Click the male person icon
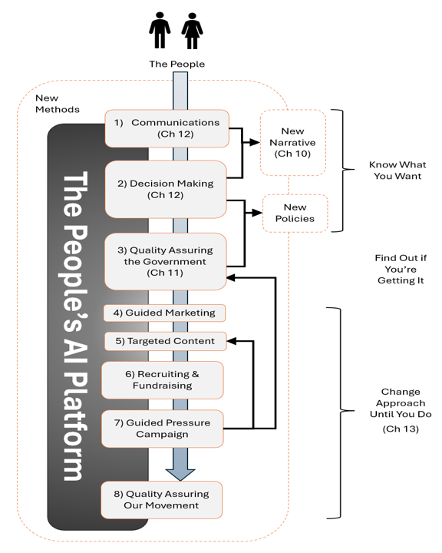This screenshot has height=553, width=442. pyautogui.click(x=160, y=30)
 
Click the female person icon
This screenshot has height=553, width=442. pyautogui.click(x=192, y=31)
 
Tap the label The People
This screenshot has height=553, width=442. pyautogui.click(x=177, y=64)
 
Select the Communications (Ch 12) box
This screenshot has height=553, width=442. pyautogui.click(x=167, y=128)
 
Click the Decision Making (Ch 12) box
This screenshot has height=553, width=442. pyautogui.click(x=166, y=190)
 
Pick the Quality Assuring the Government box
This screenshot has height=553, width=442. pyautogui.click(x=165, y=261)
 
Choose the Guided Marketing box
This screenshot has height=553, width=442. pyautogui.click(x=164, y=313)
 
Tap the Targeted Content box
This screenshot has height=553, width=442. pyautogui.click(x=165, y=341)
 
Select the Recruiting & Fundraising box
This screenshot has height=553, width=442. pyautogui.click(x=163, y=380)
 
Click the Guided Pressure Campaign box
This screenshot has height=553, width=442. pyautogui.click(x=163, y=429)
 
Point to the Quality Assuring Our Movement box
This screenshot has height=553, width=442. pyautogui.click(x=162, y=500)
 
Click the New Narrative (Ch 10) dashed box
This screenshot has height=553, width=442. pyautogui.click(x=293, y=143)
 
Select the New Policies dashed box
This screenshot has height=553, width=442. pyautogui.click(x=295, y=213)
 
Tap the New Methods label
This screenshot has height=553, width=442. pyautogui.click(x=58, y=104)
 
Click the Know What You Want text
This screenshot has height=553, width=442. pyautogui.click(x=397, y=171)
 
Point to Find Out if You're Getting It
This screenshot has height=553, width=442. pyautogui.click(x=401, y=269)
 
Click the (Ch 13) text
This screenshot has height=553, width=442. pyautogui.click(x=401, y=429)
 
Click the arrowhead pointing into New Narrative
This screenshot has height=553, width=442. pyautogui.click(x=255, y=143)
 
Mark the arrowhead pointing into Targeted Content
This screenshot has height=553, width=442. pyautogui.click(x=232, y=341)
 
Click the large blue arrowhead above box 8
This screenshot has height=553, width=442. pyautogui.click(x=180, y=475)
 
